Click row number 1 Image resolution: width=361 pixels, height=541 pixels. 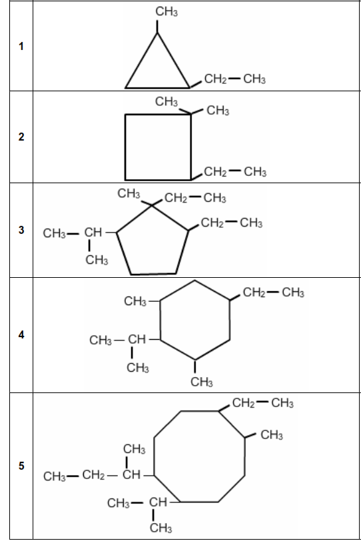coord(21,46)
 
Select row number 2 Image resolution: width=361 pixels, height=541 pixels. coord(21,137)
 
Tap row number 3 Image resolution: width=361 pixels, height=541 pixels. coord(21,230)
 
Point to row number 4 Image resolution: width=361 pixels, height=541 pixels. coord(21,334)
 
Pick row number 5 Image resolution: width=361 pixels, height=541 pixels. coord(21,466)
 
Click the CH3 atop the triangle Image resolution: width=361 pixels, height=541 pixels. coord(167,11)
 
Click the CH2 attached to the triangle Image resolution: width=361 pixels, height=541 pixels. coord(216,79)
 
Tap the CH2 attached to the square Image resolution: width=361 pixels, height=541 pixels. coord(216,171)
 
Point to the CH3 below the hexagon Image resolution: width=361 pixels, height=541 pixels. coord(202,382)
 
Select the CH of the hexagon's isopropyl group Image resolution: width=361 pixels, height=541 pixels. coord(137,340)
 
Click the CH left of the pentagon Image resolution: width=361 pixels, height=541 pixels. coord(93,233)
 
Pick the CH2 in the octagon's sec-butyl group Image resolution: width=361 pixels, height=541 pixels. coord(93,475)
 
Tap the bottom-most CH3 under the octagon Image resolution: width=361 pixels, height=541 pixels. coord(161,528)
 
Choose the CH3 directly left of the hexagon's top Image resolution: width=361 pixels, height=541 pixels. coord(135,301)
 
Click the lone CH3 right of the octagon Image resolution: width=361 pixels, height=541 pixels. coord(272,434)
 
